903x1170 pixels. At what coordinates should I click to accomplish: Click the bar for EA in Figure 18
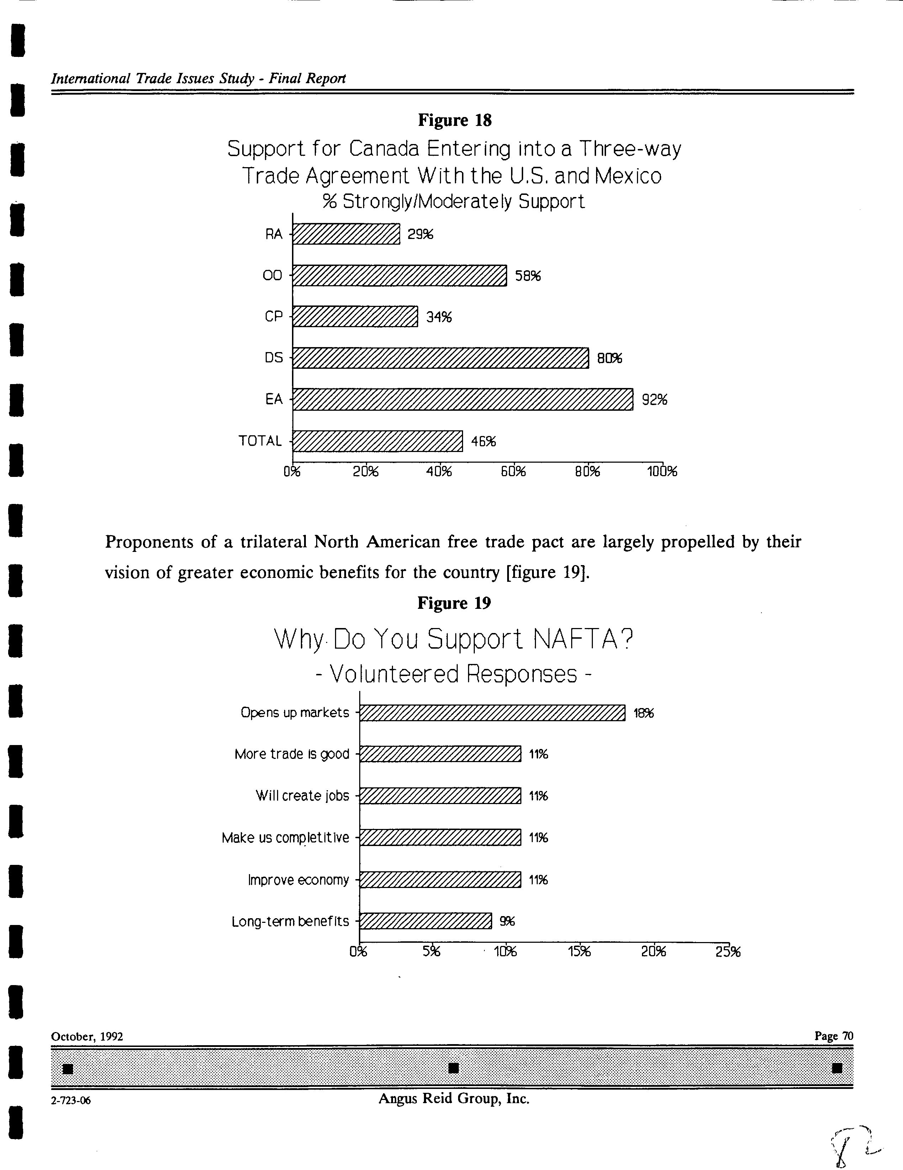point(462,399)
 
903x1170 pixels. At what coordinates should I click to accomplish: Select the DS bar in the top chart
point(441,358)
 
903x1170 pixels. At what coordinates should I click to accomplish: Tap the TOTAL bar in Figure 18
point(377,441)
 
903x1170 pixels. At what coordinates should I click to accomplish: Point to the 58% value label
point(528,276)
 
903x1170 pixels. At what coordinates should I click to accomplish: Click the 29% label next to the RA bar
point(420,234)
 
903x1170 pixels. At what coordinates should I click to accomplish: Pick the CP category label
point(273,317)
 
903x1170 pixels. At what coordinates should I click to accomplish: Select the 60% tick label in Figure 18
point(514,472)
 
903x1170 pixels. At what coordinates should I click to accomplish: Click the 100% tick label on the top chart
point(662,472)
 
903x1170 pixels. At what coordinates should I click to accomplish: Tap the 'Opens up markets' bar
point(492,713)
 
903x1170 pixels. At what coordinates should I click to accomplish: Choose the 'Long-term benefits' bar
point(425,921)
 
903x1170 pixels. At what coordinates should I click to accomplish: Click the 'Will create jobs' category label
point(302,796)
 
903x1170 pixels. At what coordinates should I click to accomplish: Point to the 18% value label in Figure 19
point(644,713)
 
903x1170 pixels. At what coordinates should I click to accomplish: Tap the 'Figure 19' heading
point(454,603)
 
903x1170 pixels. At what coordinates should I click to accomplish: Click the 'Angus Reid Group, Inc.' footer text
point(454,1099)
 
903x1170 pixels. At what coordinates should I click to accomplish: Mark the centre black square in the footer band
point(453,1068)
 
